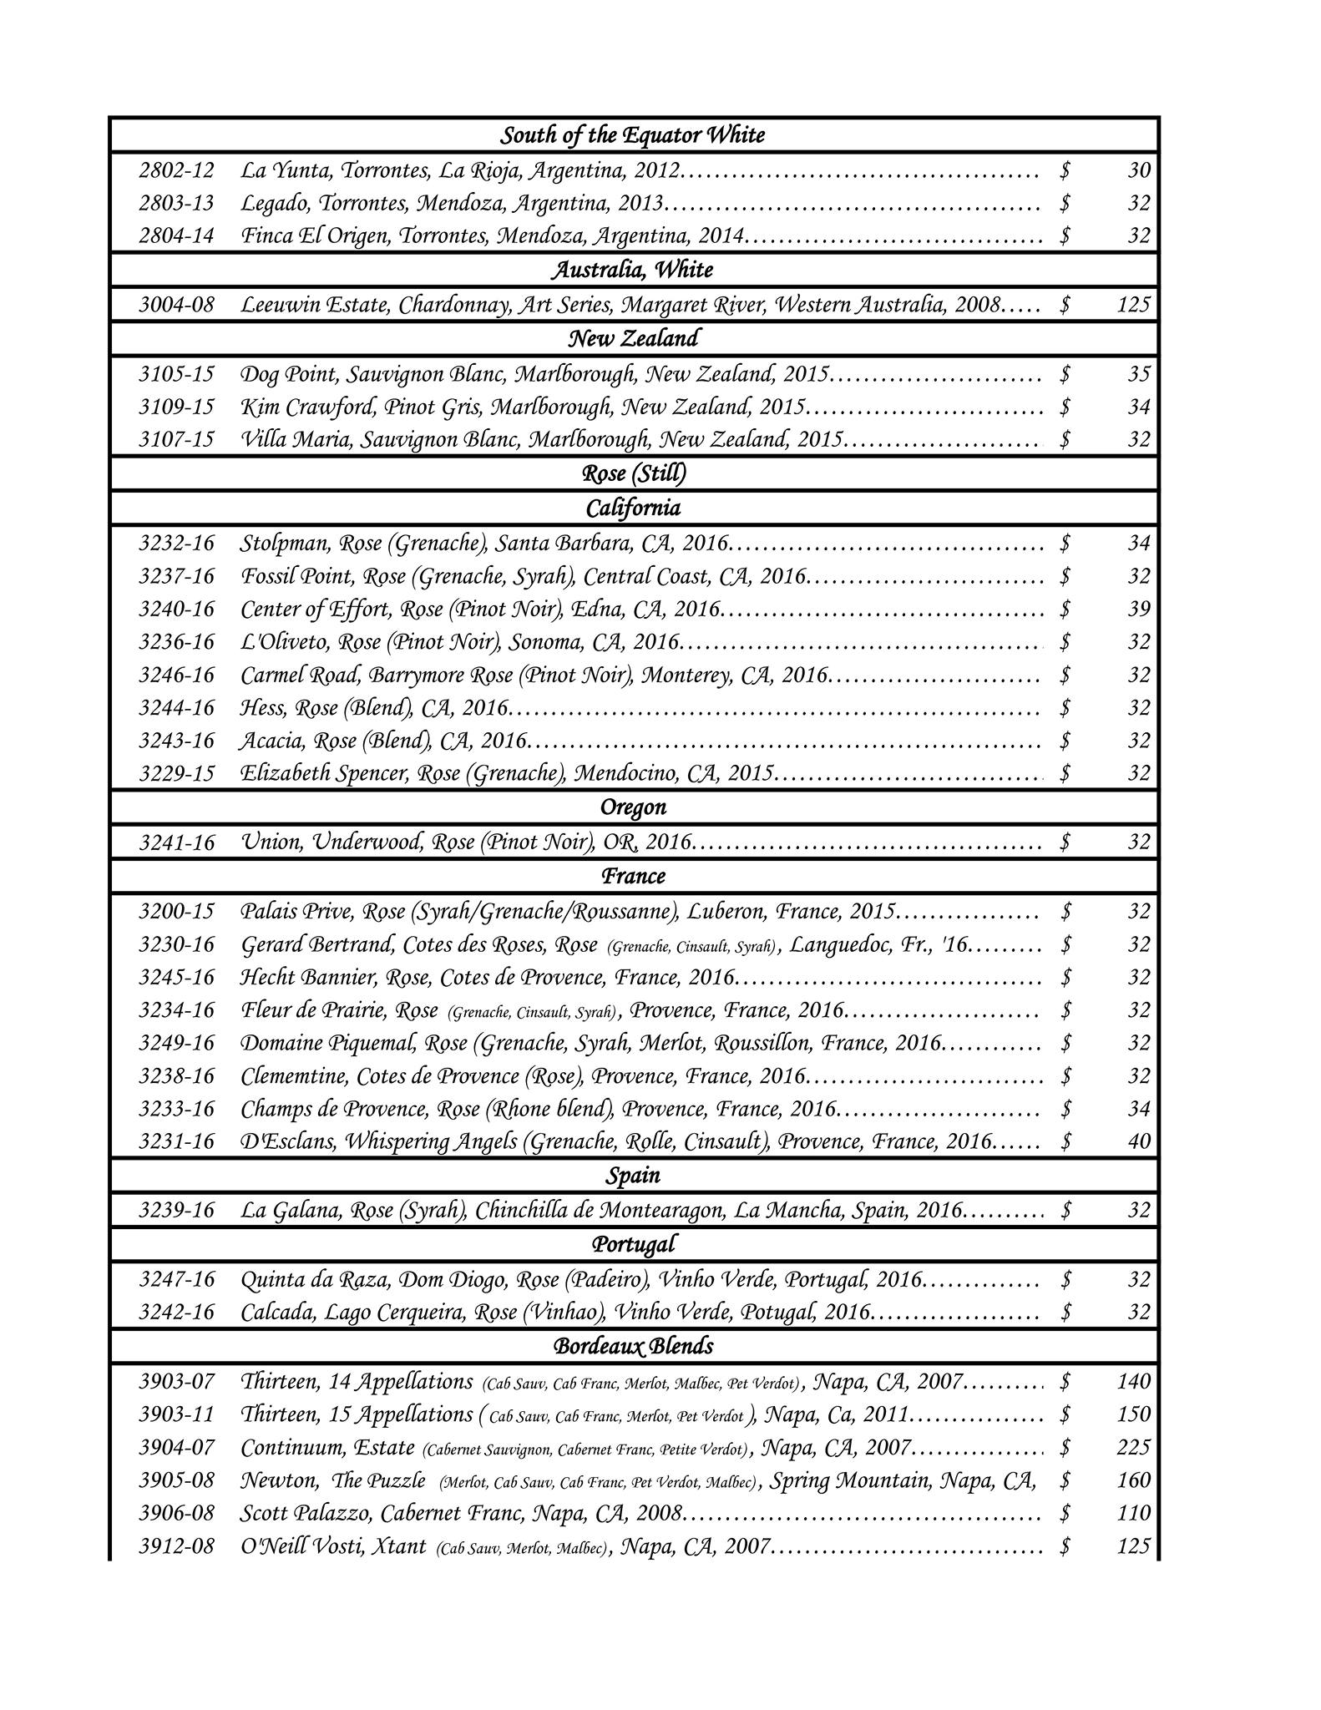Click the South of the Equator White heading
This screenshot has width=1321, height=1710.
click(632, 135)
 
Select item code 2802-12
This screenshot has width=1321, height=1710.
click(176, 170)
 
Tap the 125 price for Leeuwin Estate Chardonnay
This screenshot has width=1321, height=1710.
click(1133, 304)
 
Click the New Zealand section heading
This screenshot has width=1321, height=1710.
click(633, 338)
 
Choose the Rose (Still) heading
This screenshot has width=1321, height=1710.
click(634, 473)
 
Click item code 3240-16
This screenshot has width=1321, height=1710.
click(176, 609)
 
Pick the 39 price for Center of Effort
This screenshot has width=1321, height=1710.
click(1139, 609)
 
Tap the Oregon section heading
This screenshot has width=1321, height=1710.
click(633, 807)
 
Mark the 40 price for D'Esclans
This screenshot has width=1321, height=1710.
click(1139, 1141)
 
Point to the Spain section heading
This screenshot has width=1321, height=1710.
click(633, 1176)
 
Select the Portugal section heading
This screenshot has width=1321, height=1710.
click(633, 1244)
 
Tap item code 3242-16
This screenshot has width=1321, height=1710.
click(176, 1312)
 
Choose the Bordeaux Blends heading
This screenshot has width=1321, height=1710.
click(633, 1346)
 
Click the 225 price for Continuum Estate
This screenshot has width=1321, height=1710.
click(1133, 1447)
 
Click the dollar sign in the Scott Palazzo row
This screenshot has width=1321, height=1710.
click(1065, 1513)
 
